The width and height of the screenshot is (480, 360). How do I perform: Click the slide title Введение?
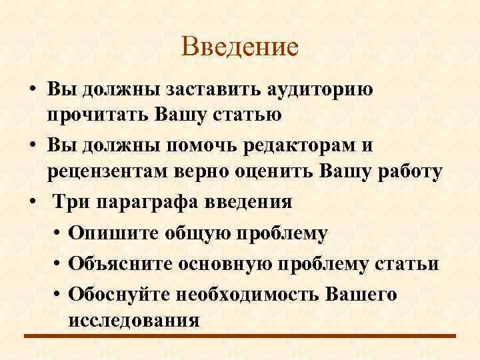point(239,47)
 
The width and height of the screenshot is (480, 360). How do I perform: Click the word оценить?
point(275,171)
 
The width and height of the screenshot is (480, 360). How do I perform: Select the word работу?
point(407,171)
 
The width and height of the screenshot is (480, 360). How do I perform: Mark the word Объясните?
point(117,263)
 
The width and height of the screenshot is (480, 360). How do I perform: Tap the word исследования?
point(133,319)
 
